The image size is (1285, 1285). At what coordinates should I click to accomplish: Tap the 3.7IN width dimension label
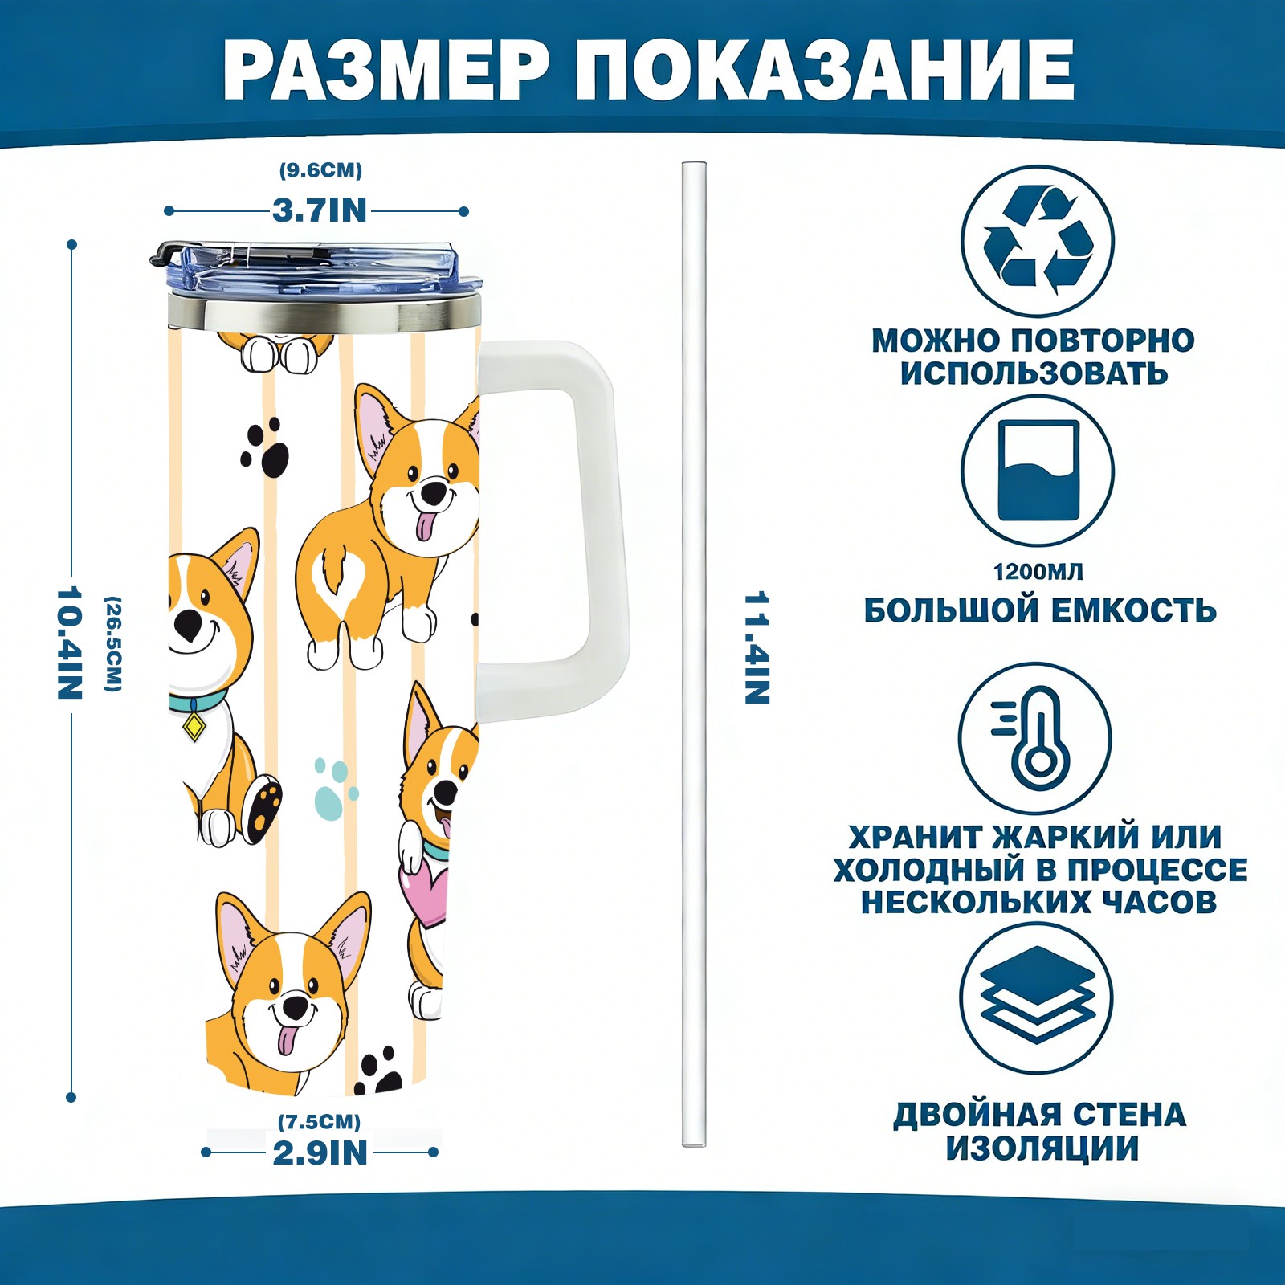click(x=320, y=210)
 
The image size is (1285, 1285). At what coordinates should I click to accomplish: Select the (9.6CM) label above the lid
click(x=320, y=170)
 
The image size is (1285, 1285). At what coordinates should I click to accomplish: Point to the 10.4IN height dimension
click(x=70, y=642)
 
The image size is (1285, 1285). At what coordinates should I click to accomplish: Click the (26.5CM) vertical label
click(x=113, y=643)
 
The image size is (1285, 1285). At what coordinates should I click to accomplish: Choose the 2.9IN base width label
click(x=320, y=1153)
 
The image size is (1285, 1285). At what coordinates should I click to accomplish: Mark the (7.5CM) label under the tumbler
click(x=320, y=1121)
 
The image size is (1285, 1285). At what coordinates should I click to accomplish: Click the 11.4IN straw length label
click(x=757, y=647)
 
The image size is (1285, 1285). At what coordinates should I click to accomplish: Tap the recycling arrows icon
click(x=1038, y=240)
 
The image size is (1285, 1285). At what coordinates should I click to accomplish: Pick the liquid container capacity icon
click(x=1038, y=470)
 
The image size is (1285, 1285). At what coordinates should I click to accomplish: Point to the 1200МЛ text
click(x=1038, y=572)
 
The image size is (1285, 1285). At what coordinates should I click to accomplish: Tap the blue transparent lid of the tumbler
click(x=317, y=270)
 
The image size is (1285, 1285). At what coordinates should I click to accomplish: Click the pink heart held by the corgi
click(x=423, y=893)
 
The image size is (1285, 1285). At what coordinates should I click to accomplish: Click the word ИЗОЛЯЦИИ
click(x=1042, y=1148)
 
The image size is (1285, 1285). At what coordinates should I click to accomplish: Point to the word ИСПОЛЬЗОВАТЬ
click(x=1034, y=373)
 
